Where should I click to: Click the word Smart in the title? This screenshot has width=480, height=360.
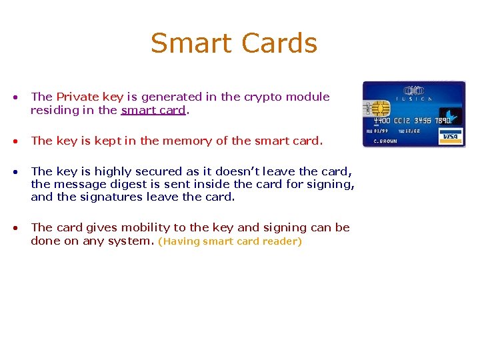coord(191,43)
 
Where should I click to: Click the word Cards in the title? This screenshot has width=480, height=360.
coord(279,43)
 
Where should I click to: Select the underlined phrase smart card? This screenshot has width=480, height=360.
coord(153,110)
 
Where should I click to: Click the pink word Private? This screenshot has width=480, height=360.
coord(77,97)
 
